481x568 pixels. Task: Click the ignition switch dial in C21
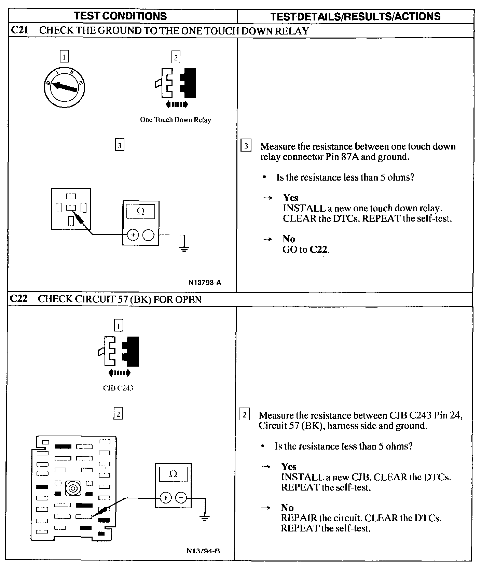[x=64, y=88]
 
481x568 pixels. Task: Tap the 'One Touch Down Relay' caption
[x=175, y=120]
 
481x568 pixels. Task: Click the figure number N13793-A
[x=205, y=283]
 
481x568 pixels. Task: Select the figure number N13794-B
[x=203, y=551]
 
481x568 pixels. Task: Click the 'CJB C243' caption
[x=118, y=388]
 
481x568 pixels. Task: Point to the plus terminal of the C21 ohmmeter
[x=133, y=235]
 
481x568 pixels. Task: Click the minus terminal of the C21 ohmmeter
[x=148, y=235]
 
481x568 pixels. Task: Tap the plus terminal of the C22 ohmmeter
[x=166, y=498]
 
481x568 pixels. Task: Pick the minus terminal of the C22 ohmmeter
[x=181, y=498]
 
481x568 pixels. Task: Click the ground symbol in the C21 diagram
[x=184, y=248]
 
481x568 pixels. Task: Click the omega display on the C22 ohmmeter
[x=173, y=474]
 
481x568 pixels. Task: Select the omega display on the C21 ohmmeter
[x=141, y=211]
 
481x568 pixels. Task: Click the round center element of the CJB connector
[x=73, y=488]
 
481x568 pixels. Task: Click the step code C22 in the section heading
[x=18, y=299]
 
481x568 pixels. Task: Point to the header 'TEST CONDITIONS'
[x=121, y=16]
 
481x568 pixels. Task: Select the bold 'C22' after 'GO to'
[x=319, y=250]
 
